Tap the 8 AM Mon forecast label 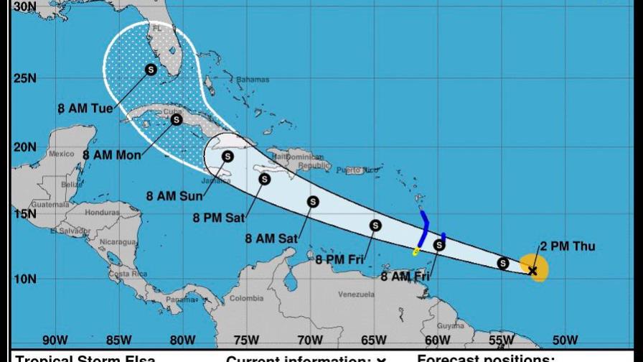click(x=111, y=154)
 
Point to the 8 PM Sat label click(x=220, y=217)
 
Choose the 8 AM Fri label click(x=406, y=276)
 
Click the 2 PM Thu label click(x=568, y=247)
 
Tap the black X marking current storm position click(x=532, y=271)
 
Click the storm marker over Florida click(x=151, y=70)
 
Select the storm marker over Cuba click(x=176, y=120)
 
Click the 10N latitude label click(x=24, y=279)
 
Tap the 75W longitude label click(x=247, y=340)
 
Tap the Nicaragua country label click(x=118, y=243)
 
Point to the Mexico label click(x=62, y=154)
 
